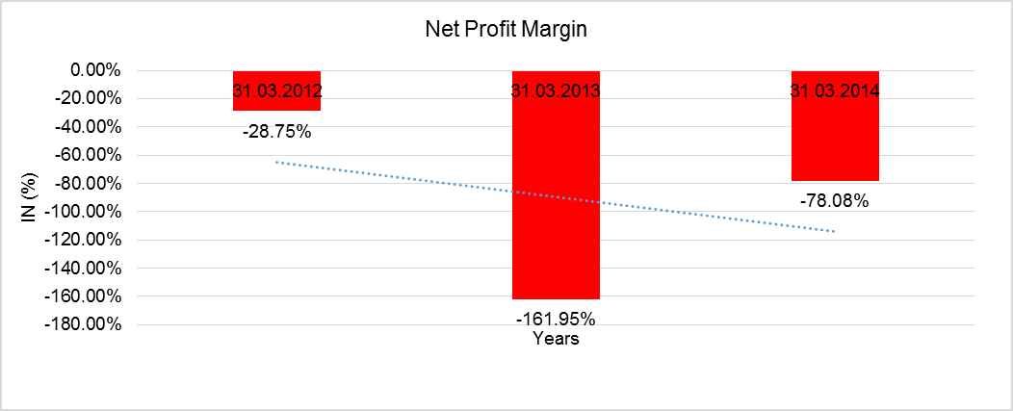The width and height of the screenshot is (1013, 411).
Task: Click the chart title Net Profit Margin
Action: tap(506, 30)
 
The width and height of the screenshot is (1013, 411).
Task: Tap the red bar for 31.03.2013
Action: tap(556, 193)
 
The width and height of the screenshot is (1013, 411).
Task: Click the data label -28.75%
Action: tap(276, 132)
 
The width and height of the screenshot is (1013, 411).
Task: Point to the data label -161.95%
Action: tap(556, 319)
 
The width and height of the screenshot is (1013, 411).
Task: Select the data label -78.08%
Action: tap(835, 201)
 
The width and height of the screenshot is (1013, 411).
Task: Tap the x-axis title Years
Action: tap(556, 339)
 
